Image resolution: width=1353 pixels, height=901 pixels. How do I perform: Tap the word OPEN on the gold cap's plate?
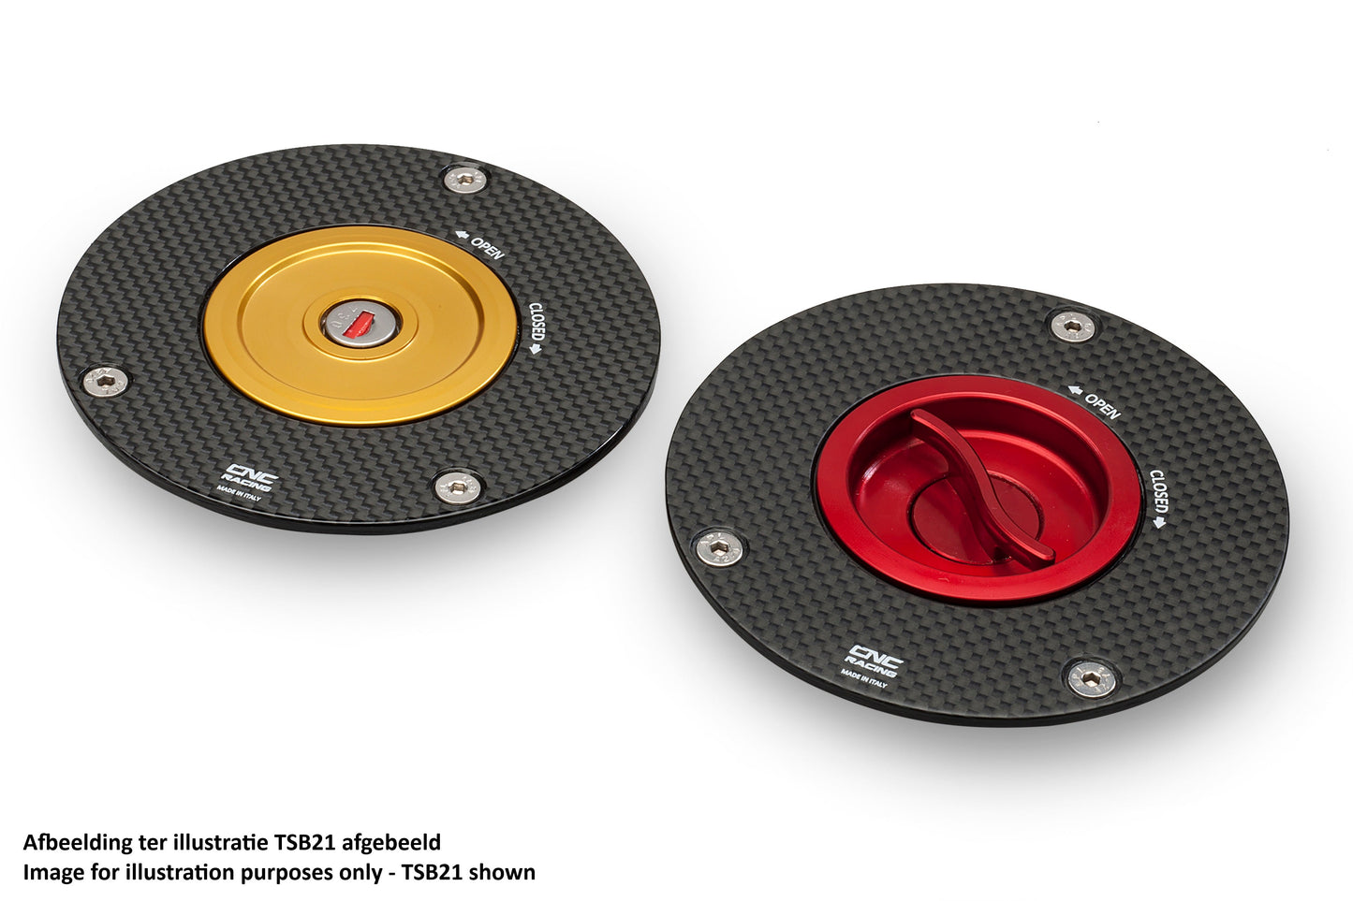(x=488, y=249)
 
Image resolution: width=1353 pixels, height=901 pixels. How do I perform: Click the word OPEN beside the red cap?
(x=1103, y=407)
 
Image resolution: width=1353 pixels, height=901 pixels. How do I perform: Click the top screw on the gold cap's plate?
(x=465, y=179)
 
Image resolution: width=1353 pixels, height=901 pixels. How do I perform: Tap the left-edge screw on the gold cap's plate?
(x=106, y=382)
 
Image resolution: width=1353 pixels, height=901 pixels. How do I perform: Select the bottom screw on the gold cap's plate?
(x=459, y=487)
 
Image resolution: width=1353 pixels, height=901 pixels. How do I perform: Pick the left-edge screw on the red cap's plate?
(x=719, y=548)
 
